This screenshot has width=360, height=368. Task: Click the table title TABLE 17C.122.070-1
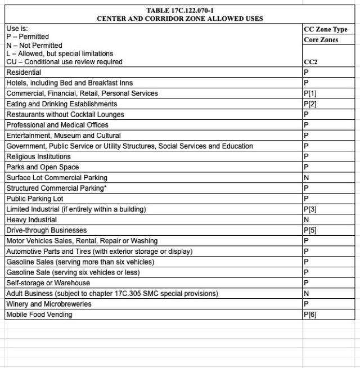[180, 10]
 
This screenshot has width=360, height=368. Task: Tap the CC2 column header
[310, 62]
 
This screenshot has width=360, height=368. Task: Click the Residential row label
[24, 73]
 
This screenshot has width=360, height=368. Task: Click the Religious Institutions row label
[38, 156]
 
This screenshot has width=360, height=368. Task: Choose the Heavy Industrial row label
[28, 220]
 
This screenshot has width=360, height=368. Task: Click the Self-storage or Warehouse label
[48, 283]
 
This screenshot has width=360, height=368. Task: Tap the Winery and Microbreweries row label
[49, 304]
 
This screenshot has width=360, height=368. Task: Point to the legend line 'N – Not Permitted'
[34, 45]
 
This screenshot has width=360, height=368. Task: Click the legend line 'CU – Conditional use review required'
[64, 62]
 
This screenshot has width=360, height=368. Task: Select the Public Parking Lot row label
[35, 199]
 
